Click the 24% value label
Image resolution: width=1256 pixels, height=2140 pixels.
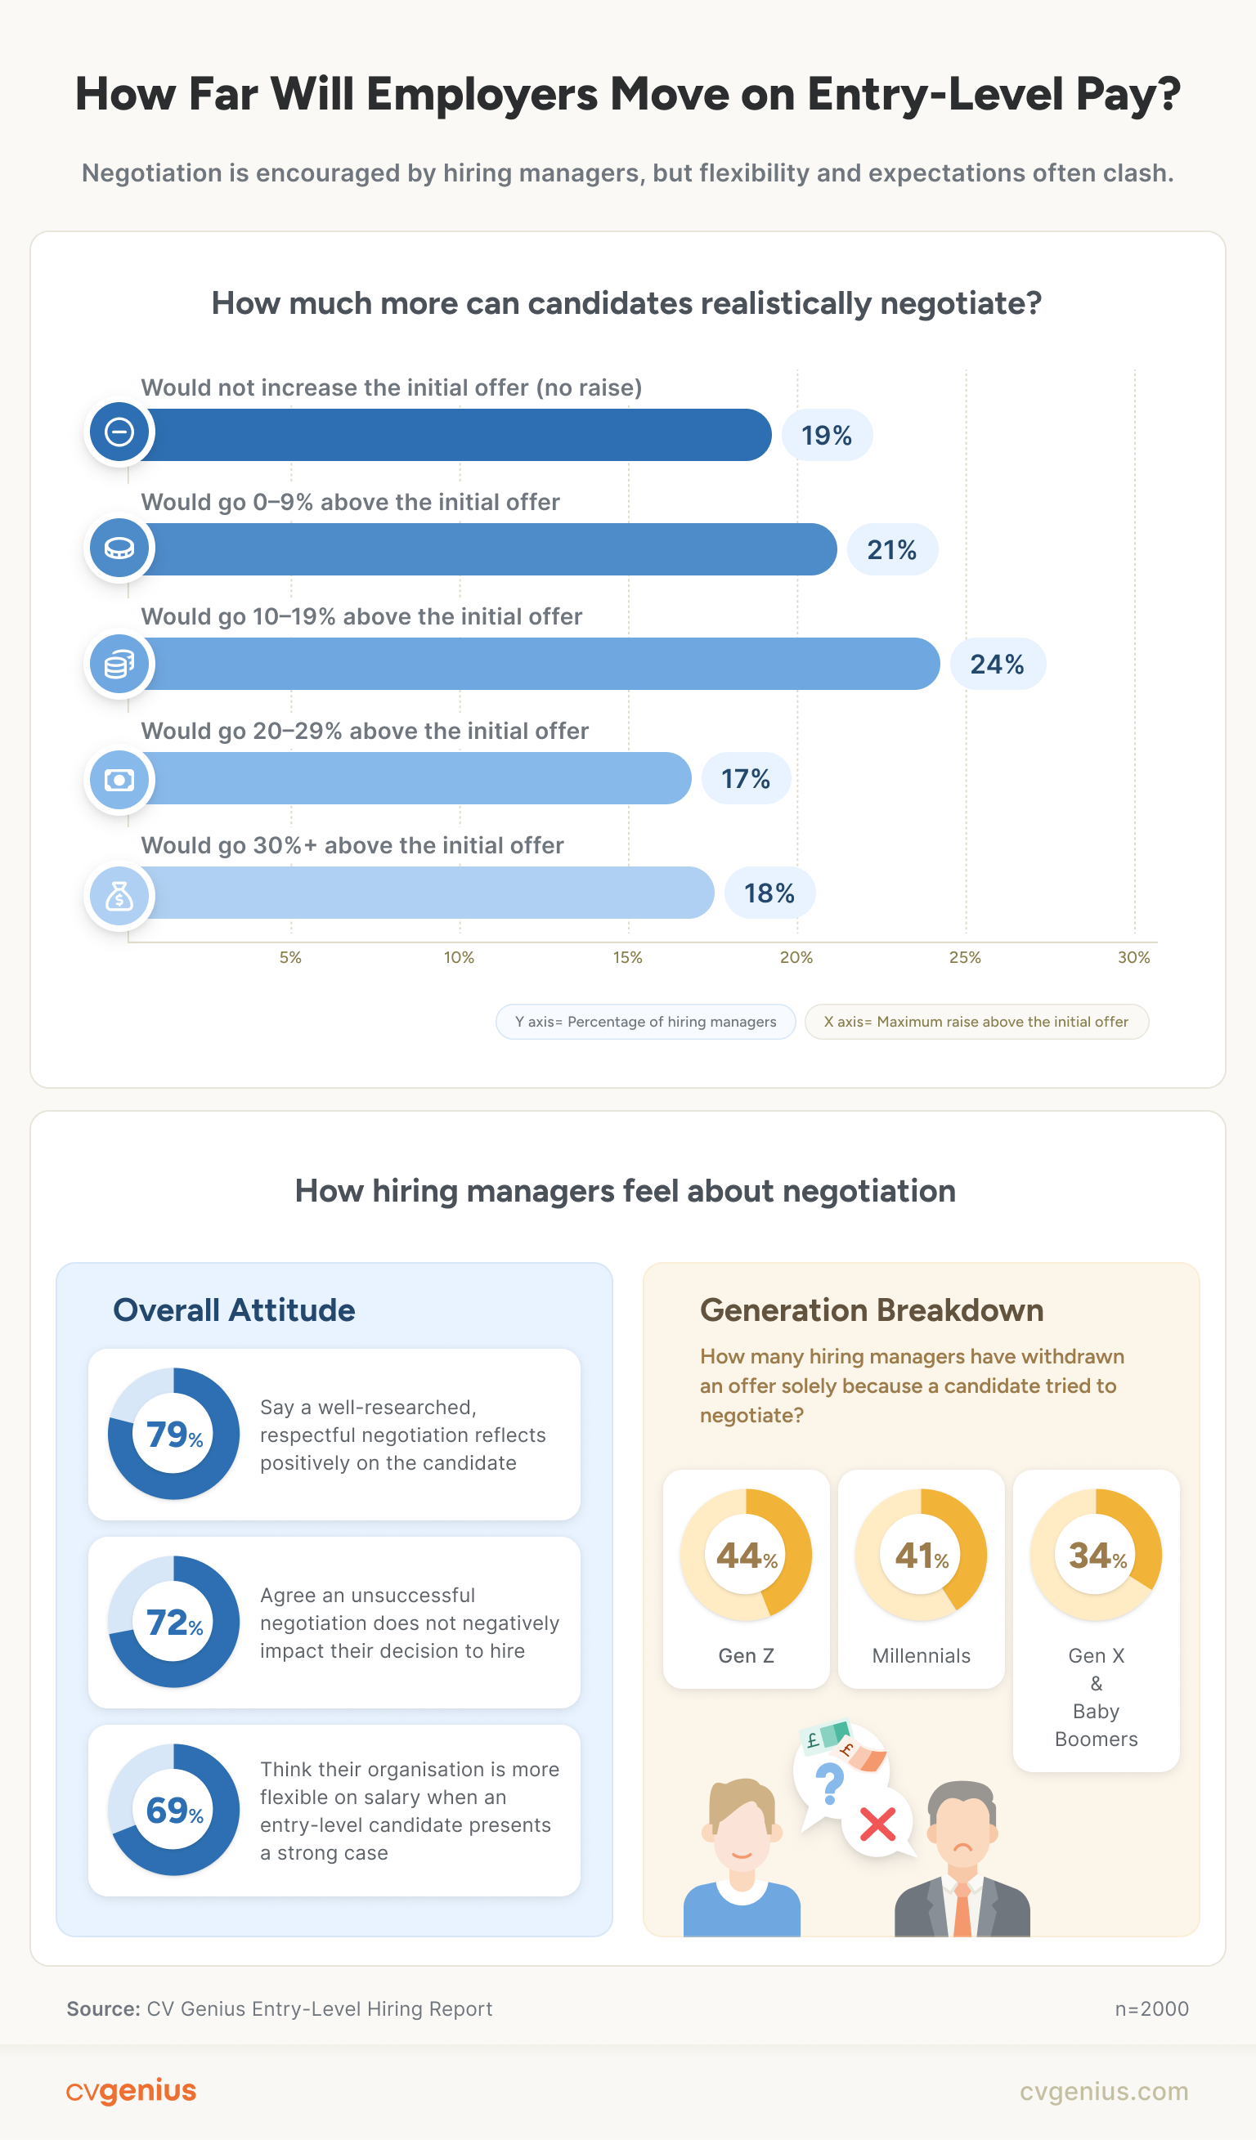tap(997, 664)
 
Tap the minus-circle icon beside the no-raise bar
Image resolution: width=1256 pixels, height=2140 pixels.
tap(119, 432)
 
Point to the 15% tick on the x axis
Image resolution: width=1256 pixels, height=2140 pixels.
tap(627, 957)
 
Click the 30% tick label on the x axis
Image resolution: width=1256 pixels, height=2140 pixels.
tap(1133, 957)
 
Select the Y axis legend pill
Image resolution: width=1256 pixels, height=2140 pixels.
tap(645, 1022)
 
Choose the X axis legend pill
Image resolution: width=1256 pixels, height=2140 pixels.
tap(976, 1022)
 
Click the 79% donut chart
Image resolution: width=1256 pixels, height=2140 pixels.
tap(173, 1435)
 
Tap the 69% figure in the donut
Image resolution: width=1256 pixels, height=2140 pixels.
tap(173, 1811)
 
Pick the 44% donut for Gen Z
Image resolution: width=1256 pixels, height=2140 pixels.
tap(746, 1555)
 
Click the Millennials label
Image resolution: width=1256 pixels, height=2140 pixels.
tap(921, 1655)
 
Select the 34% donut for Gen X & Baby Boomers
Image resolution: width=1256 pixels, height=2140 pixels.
tap(1096, 1555)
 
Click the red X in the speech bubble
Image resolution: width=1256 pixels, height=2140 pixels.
tap(877, 1823)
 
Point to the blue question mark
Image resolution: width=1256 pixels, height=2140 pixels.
tap(829, 1783)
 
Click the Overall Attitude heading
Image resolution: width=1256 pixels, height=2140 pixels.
tap(234, 1310)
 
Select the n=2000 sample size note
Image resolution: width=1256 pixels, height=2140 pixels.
tap(1151, 2009)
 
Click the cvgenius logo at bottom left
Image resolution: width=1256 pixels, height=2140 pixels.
tap(131, 2091)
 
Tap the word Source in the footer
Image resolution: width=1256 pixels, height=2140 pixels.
tap(103, 2009)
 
